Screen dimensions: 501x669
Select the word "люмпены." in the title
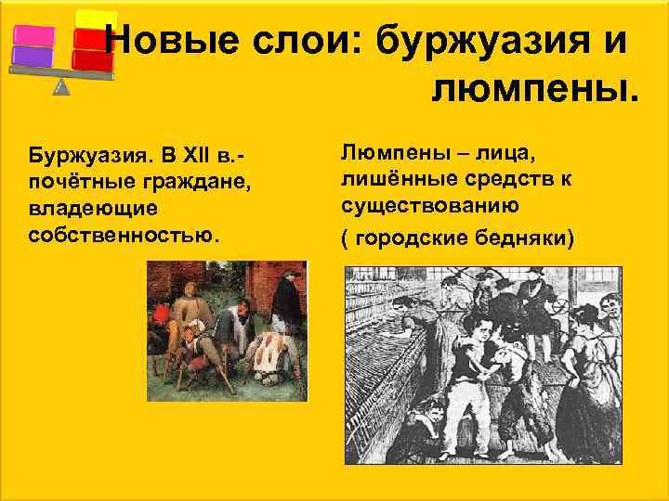tap(535, 89)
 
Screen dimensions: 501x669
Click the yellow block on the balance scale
tap(95, 19)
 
